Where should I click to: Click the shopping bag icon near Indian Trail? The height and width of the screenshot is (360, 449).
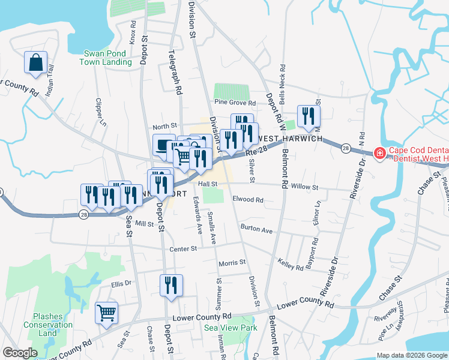click(35, 63)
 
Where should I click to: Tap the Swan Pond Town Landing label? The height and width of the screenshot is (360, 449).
click(107, 58)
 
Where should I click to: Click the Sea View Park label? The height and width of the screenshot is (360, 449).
click(231, 328)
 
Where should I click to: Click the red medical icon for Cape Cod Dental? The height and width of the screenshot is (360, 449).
click(379, 154)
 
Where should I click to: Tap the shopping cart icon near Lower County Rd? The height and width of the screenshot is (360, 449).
click(106, 311)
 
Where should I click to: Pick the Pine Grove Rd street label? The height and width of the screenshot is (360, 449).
click(235, 103)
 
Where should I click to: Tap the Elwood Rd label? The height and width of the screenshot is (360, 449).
click(248, 200)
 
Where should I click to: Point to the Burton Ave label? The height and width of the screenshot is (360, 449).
click(256, 229)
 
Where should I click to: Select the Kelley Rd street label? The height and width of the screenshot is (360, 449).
click(291, 264)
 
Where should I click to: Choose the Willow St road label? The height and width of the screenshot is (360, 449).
click(304, 187)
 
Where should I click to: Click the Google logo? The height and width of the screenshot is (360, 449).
click(20, 353)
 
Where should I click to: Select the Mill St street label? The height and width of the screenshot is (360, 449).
click(145, 223)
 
